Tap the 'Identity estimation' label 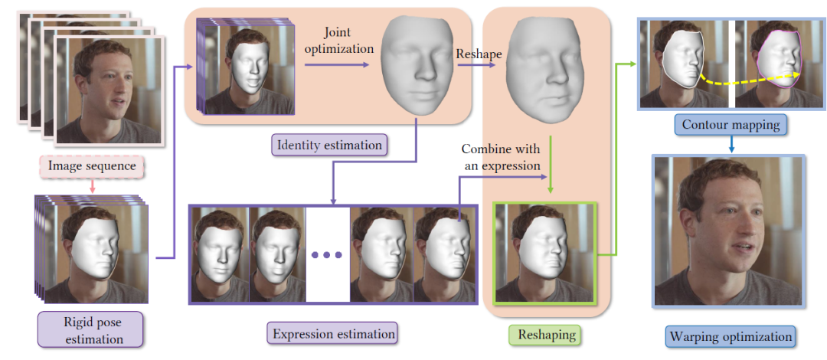(x=329, y=143)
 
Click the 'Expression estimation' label (x=334, y=334)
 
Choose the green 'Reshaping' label (x=543, y=335)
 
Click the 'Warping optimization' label (x=731, y=335)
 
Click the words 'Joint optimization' (x=349, y=41)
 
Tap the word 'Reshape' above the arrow (x=480, y=55)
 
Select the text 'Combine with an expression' (x=501, y=156)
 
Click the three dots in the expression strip (x=327, y=254)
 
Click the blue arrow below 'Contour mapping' (x=732, y=143)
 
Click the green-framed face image (x=544, y=253)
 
